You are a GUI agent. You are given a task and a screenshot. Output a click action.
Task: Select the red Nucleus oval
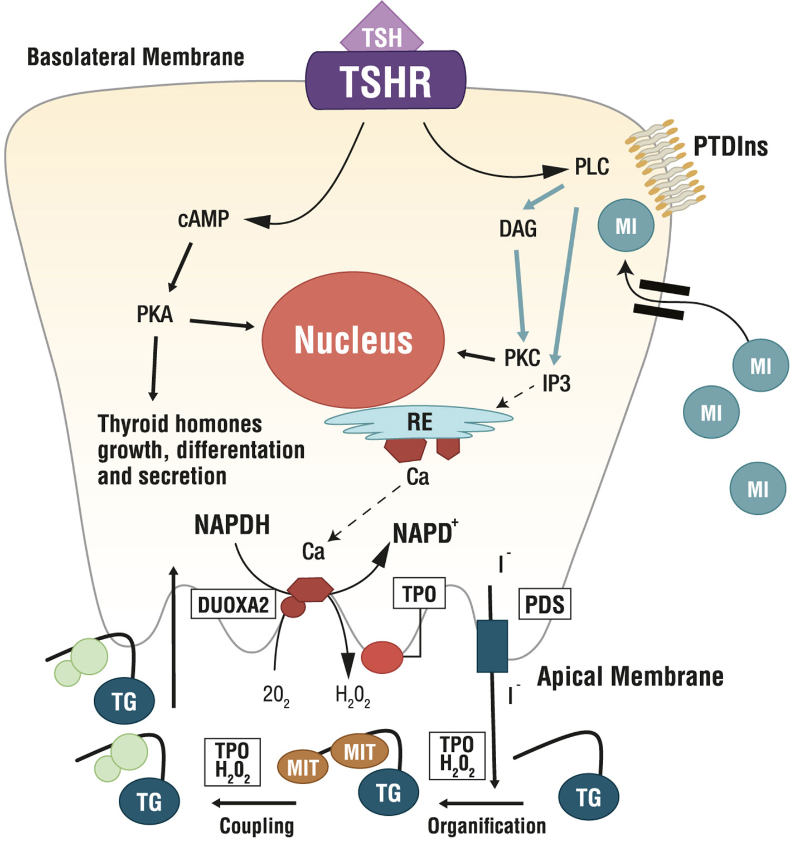353,340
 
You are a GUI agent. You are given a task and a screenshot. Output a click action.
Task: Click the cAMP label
203,219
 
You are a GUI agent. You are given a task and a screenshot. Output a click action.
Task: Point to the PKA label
154,315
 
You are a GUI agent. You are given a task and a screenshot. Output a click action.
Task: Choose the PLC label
592,167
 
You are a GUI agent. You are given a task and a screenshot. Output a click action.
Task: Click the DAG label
518,229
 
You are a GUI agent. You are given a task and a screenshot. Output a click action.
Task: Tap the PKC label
522,358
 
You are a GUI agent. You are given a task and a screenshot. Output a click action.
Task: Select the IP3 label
556,384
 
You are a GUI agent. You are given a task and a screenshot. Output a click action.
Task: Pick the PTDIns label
730,147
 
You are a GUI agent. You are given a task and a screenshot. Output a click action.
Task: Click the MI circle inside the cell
626,226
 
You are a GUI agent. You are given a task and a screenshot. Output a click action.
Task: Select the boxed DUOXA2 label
233,605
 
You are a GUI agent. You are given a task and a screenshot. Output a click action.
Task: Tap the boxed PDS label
545,605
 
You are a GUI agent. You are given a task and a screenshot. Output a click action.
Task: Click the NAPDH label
232,525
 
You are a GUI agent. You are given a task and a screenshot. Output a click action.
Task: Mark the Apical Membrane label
630,676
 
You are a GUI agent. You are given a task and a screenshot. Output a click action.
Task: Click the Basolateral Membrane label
135,57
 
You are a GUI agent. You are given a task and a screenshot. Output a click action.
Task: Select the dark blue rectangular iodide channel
492,646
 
